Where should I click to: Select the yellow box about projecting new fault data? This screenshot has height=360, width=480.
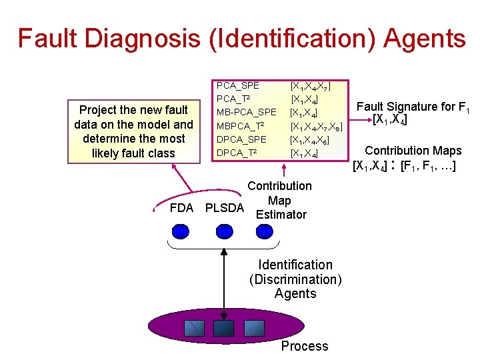click(x=133, y=131)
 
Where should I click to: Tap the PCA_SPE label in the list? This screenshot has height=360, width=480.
click(x=238, y=85)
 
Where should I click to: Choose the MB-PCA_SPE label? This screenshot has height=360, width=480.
click(x=247, y=112)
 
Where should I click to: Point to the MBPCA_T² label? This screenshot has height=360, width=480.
click(x=241, y=125)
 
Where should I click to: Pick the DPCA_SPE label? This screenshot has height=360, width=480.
click(x=241, y=139)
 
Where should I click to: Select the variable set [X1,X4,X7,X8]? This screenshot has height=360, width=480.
click(x=316, y=126)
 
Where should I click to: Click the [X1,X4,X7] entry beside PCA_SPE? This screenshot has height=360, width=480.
click(x=310, y=86)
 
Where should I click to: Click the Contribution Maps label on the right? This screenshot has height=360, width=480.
click(x=413, y=151)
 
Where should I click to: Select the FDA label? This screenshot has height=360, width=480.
click(x=181, y=208)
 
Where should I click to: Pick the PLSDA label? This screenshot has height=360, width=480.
click(x=224, y=208)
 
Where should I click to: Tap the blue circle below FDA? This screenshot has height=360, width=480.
click(x=181, y=231)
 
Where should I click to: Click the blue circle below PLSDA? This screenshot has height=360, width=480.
click(x=224, y=231)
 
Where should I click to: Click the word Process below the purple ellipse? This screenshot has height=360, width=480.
click(x=304, y=346)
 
